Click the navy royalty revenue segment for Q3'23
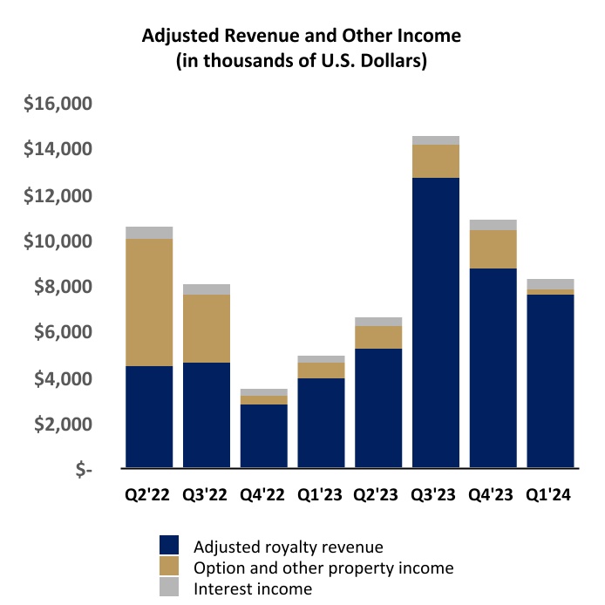pyautogui.click(x=436, y=323)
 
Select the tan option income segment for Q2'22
pyautogui.click(x=149, y=302)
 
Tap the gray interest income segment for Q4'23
pyautogui.click(x=493, y=225)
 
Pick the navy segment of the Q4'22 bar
pyautogui.click(x=263, y=436)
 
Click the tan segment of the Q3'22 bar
pyautogui.click(x=207, y=329)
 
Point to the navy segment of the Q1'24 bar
pyautogui.click(x=550, y=381)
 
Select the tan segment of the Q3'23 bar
pyautogui.click(x=436, y=161)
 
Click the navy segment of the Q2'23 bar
pyautogui.click(x=378, y=408)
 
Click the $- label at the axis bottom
pyautogui.click(x=83, y=470)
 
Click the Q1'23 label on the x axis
pyautogui.click(x=321, y=494)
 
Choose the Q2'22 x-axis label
pyautogui.click(x=149, y=494)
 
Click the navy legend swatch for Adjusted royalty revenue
pyautogui.click(x=172, y=547)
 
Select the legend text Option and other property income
pyautogui.click(x=323, y=568)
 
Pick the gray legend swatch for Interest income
pyautogui.click(x=172, y=588)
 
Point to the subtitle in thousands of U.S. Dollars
pyautogui.click(x=301, y=62)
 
